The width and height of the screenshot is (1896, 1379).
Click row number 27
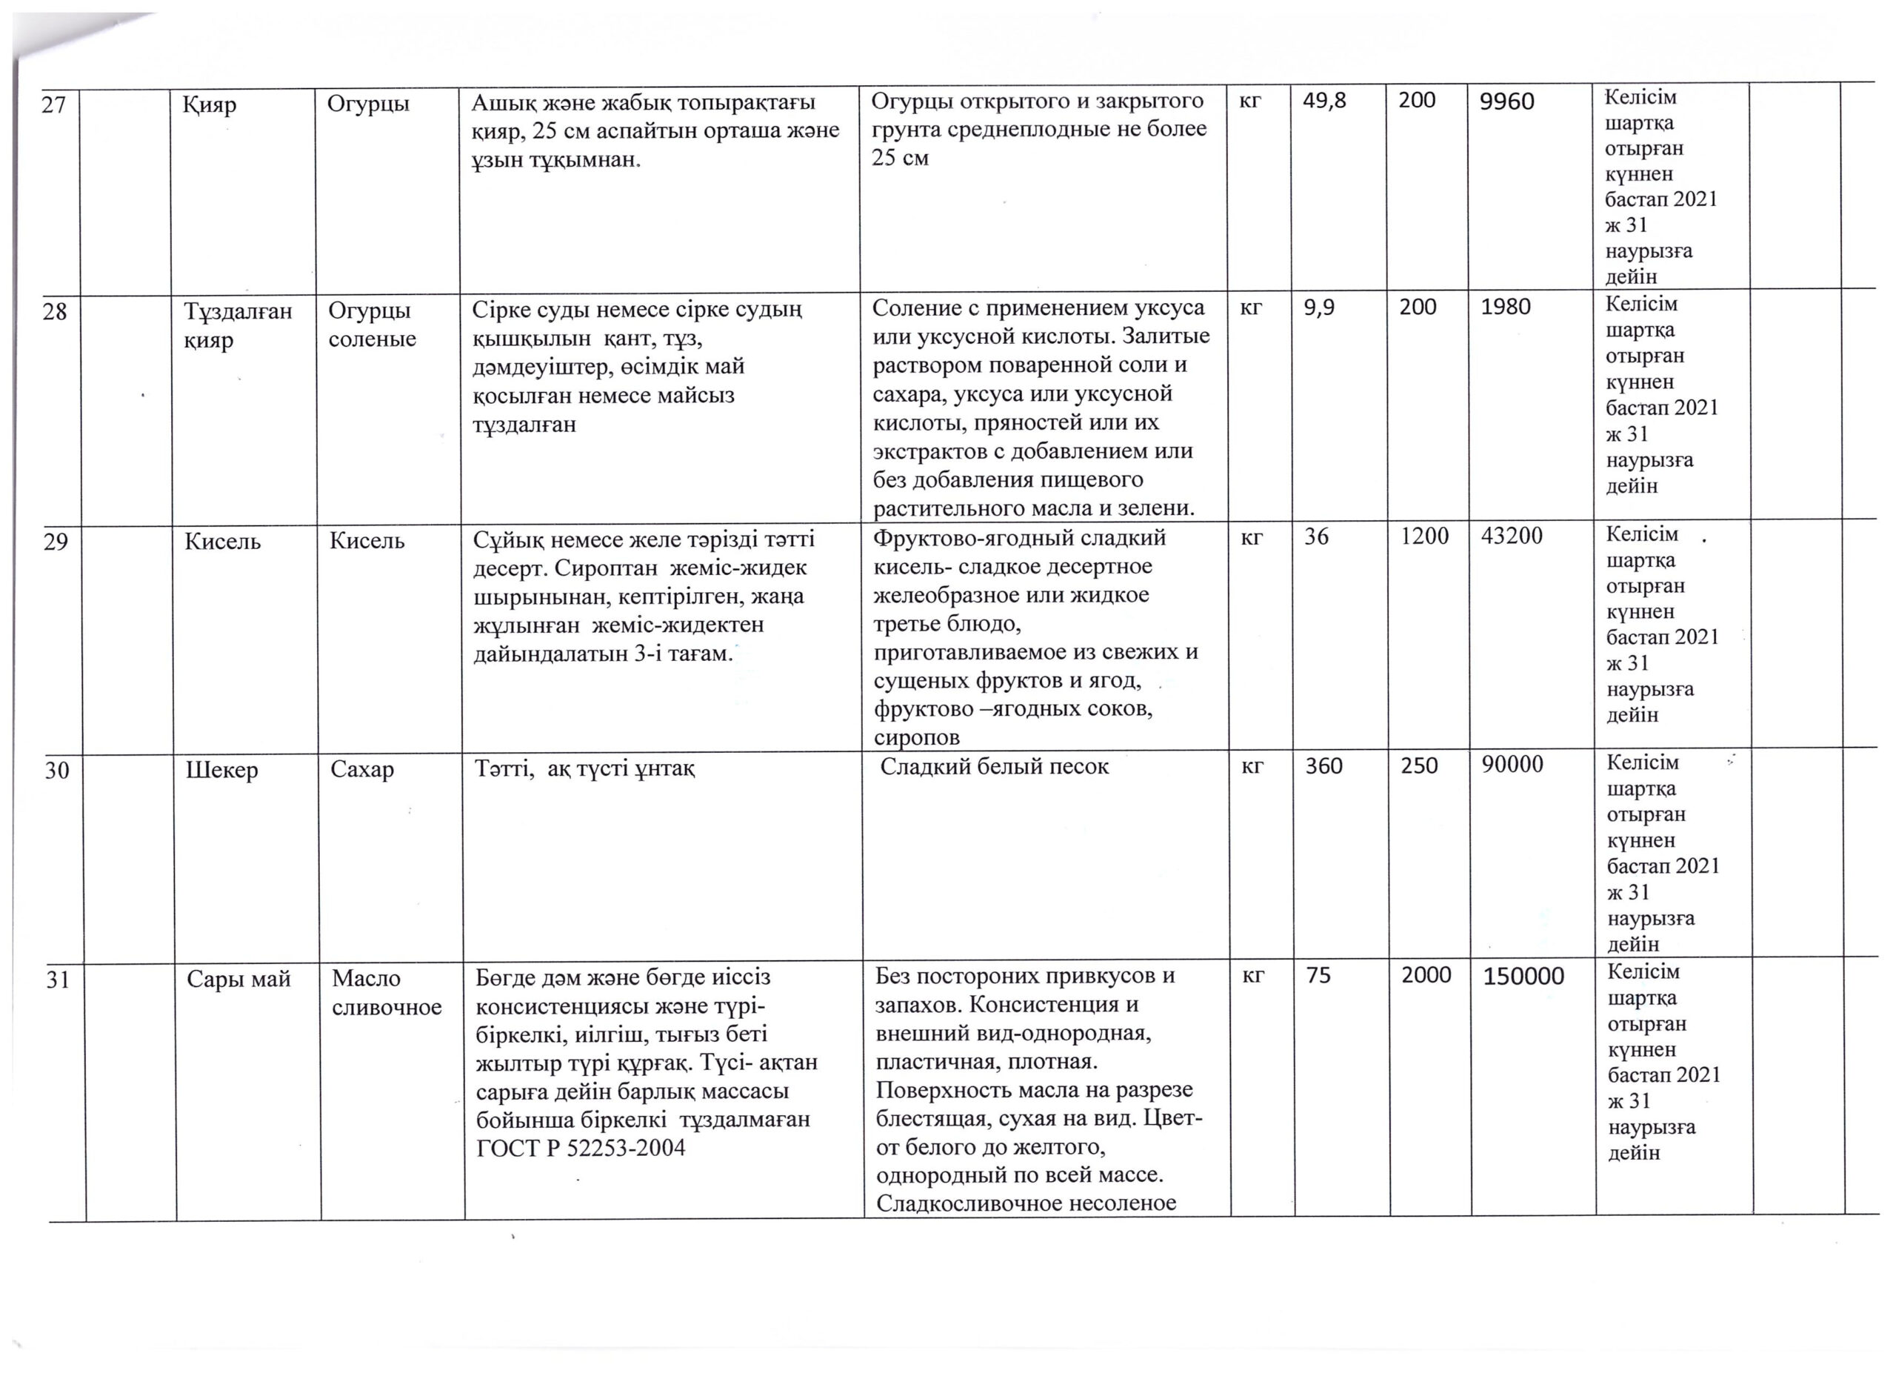click(53, 106)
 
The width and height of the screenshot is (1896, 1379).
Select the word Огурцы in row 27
click(368, 104)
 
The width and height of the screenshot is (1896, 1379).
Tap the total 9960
click(1507, 102)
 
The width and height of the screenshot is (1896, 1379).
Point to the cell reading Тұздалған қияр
click(238, 325)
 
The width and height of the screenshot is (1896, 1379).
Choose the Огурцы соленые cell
click(372, 325)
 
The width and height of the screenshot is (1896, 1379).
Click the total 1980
click(1506, 307)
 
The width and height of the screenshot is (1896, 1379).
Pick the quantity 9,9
click(1319, 308)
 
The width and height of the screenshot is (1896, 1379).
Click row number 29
click(55, 542)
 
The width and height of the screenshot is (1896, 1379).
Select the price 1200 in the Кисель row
click(1424, 536)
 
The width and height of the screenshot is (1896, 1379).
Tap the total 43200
click(1512, 536)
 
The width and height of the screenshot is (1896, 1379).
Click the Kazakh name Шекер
click(221, 770)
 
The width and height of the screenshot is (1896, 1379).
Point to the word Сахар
click(362, 769)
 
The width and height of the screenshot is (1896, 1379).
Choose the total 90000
click(1512, 765)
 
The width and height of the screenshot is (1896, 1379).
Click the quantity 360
click(1324, 766)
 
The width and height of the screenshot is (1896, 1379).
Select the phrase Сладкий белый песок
click(995, 766)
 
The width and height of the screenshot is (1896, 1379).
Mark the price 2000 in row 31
click(1426, 975)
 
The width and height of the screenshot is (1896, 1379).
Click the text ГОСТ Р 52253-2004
click(580, 1149)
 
